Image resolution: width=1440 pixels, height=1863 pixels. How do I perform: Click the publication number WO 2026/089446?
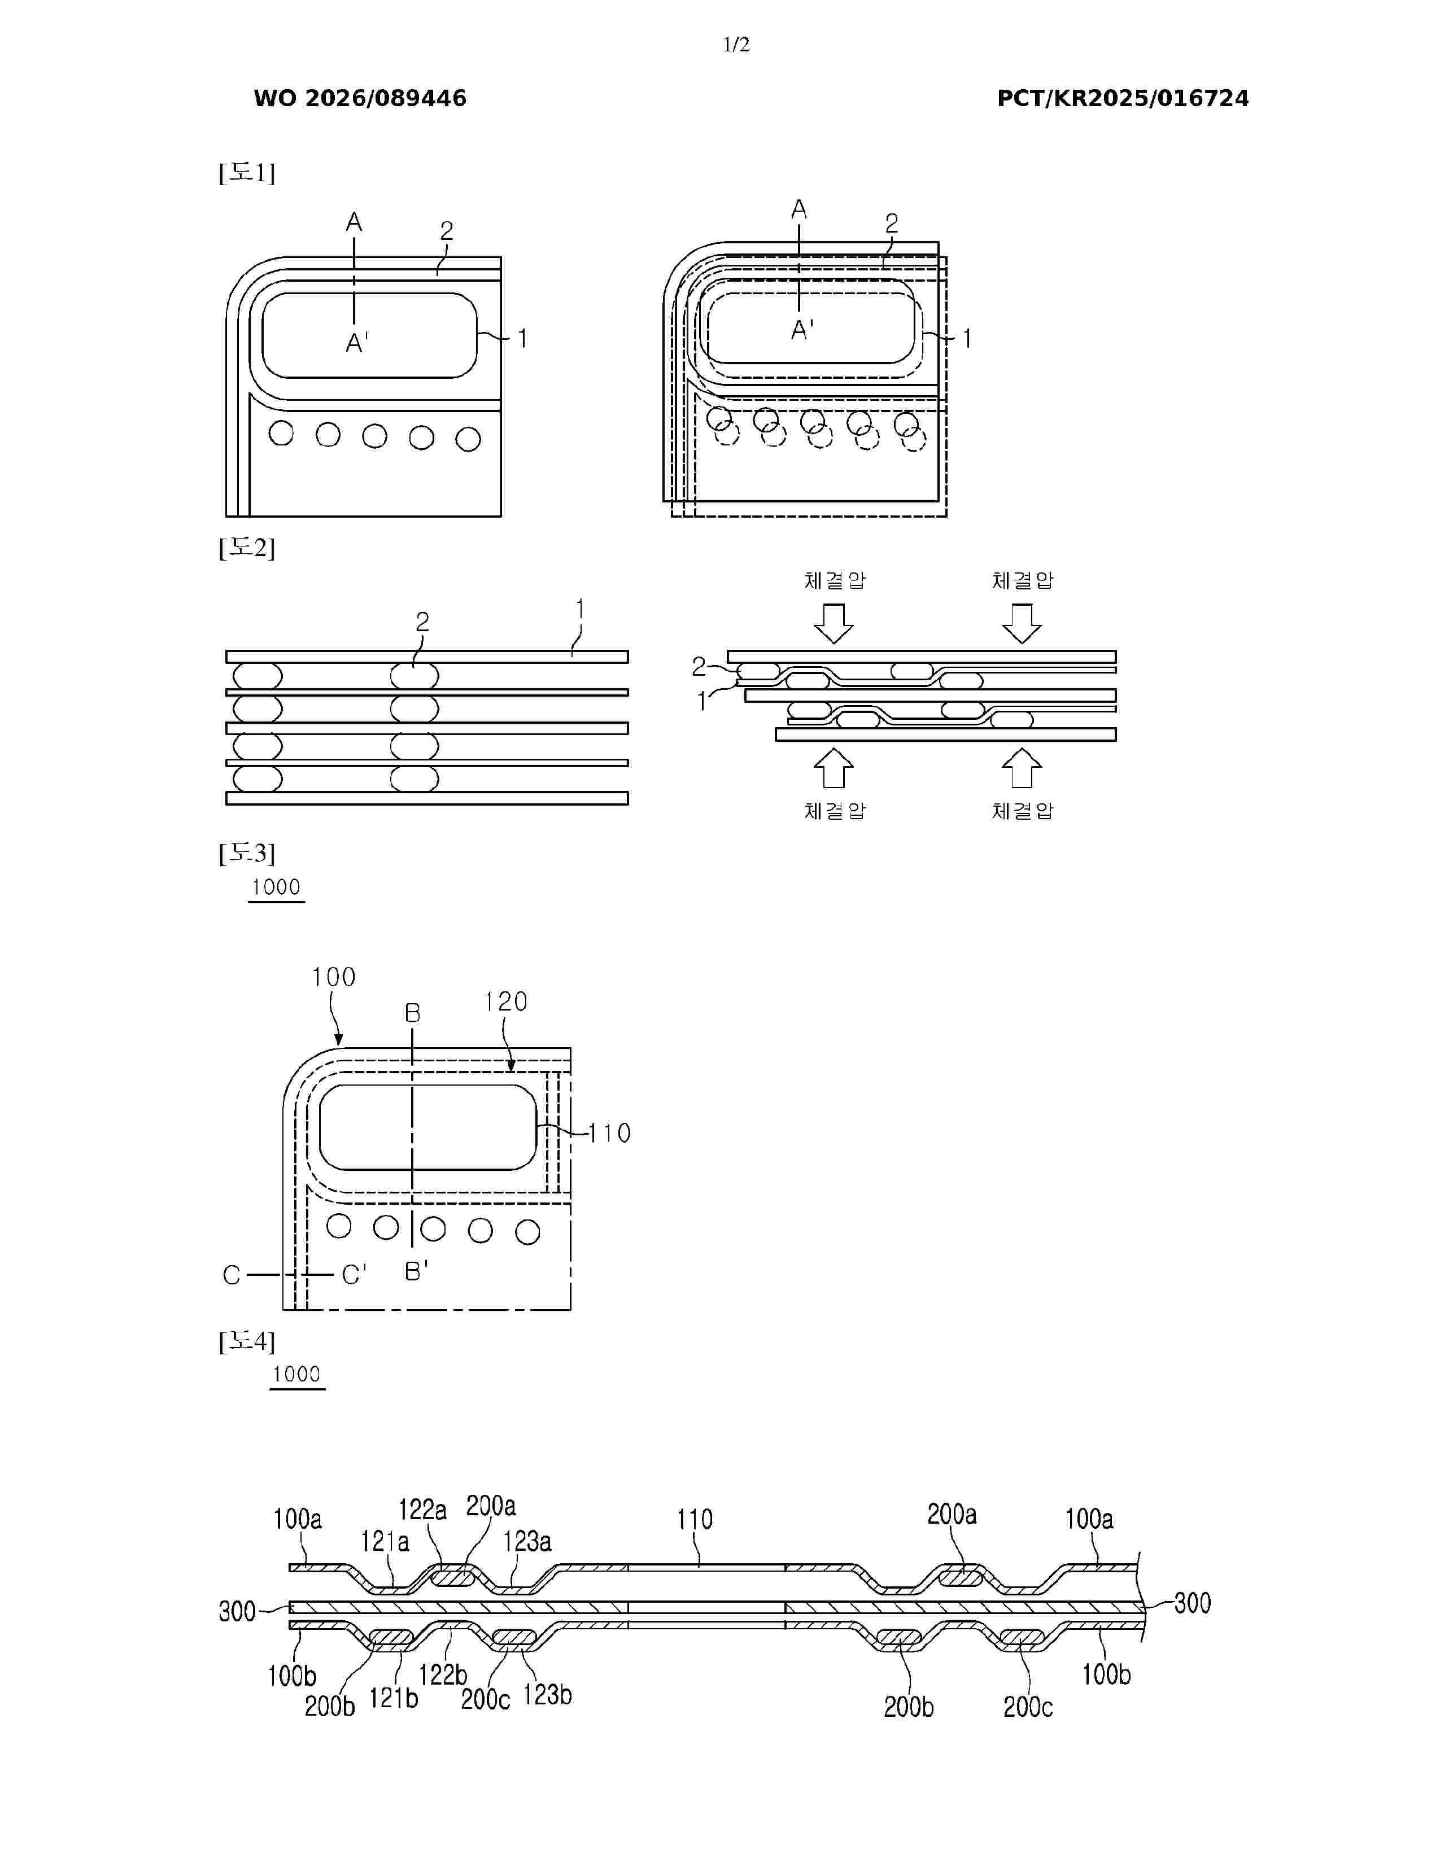(x=360, y=99)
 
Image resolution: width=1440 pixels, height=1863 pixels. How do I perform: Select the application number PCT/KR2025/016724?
(x=1123, y=99)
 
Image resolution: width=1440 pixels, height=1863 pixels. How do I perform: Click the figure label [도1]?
(x=247, y=173)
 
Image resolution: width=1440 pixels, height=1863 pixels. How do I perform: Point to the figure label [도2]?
(x=247, y=548)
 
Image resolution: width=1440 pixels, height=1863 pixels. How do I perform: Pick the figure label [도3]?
(x=247, y=853)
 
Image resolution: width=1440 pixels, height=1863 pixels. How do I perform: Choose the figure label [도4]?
(x=247, y=1342)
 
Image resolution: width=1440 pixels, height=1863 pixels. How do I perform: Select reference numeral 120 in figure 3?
(x=506, y=1002)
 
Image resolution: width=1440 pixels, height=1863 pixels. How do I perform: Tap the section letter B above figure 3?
(x=413, y=1013)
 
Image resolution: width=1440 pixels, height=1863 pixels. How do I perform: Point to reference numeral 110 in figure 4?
(x=695, y=1519)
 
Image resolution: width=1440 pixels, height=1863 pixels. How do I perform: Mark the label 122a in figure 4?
(x=422, y=1510)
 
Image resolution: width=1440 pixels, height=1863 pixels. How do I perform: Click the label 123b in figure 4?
(x=547, y=1695)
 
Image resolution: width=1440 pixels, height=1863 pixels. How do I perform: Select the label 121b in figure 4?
(x=393, y=1698)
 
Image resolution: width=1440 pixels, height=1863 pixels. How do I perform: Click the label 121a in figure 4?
(x=385, y=1541)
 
